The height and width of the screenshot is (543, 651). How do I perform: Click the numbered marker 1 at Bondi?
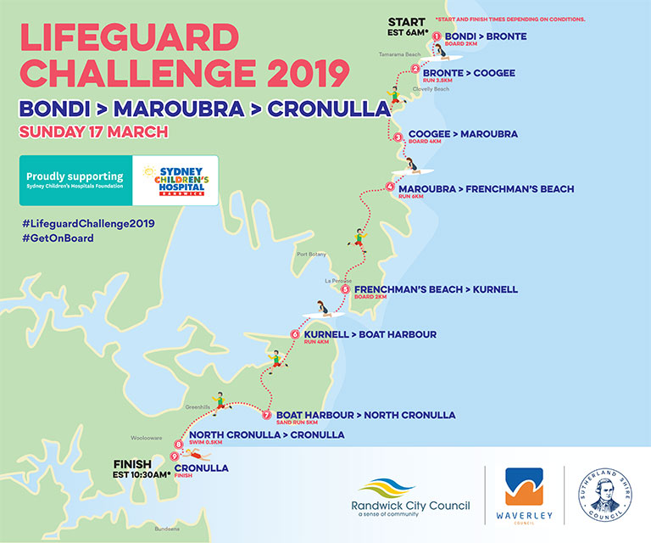pos(437,36)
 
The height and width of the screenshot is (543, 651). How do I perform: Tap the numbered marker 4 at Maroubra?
pos(389,187)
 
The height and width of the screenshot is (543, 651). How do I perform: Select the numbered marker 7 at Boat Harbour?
pos(266,415)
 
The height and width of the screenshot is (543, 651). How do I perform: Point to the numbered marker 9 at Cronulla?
pos(174,456)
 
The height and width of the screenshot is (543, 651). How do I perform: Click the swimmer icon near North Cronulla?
pos(193,443)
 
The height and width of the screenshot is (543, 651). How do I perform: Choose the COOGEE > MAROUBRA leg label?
pos(463,134)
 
